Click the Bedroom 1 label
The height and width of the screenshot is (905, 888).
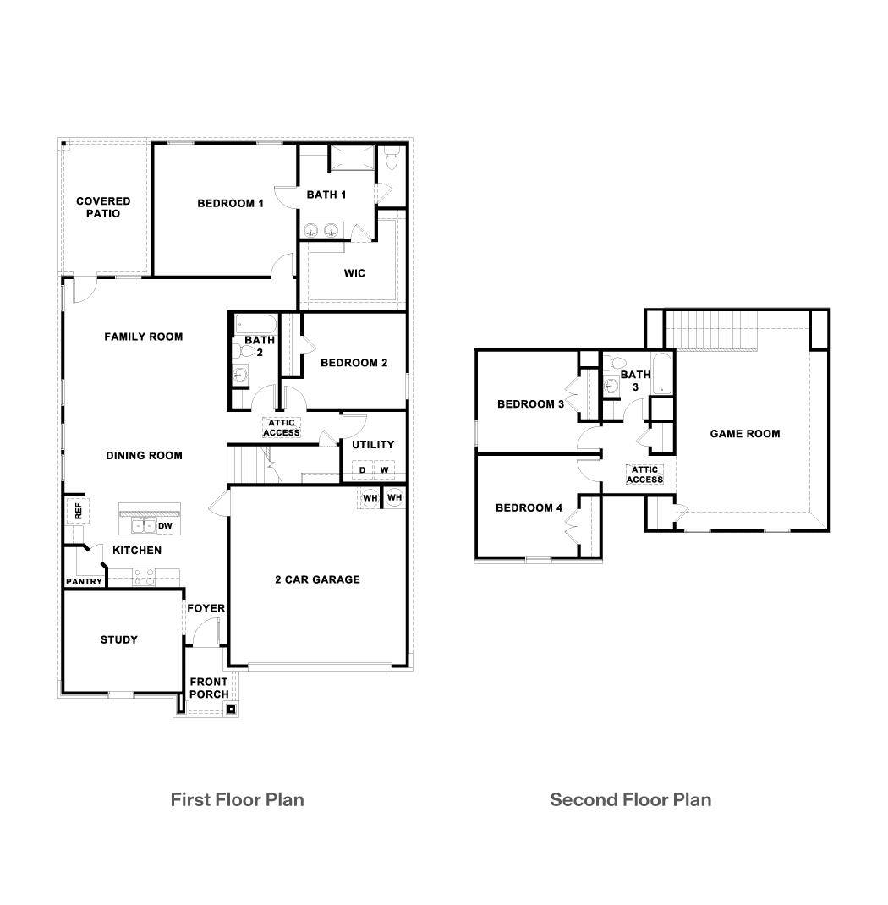(230, 204)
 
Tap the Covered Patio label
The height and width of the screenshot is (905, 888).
(103, 207)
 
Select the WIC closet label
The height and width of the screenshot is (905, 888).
(354, 273)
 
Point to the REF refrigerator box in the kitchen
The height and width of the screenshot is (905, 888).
(78, 511)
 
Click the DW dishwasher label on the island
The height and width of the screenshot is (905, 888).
(166, 526)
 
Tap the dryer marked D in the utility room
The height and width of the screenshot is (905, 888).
(362, 470)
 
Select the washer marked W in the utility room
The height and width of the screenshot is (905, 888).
(384, 470)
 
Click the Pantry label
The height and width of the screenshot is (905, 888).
(84, 582)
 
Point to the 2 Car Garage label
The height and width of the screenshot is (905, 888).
(317, 579)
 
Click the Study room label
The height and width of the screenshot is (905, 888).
(118, 640)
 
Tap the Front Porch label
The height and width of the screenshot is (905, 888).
(208, 688)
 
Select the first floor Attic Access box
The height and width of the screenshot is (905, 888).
(281, 428)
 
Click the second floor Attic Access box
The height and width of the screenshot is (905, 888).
(644, 474)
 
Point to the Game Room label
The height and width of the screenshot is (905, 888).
(744, 434)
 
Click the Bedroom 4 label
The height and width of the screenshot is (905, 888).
(529, 508)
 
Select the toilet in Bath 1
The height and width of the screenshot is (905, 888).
(392, 159)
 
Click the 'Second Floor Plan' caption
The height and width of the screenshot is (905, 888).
(630, 799)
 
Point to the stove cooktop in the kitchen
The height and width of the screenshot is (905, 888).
(144, 577)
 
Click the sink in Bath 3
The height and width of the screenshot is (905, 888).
(611, 387)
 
